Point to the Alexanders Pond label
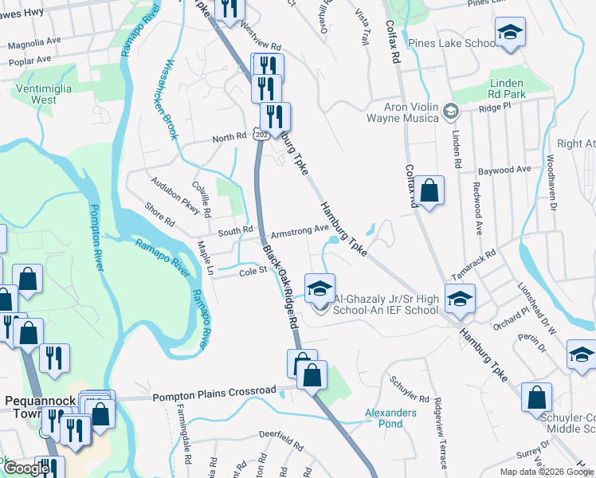tap(390, 418)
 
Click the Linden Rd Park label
tap(506, 88)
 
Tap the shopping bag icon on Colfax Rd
tap(429, 190)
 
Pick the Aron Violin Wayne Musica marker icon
tap(451, 112)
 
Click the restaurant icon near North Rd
tap(275, 116)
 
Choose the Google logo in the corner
tap(27, 468)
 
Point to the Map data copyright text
tap(546, 472)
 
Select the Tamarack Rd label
tap(477, 262)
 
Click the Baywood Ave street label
tap(504, 170)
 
